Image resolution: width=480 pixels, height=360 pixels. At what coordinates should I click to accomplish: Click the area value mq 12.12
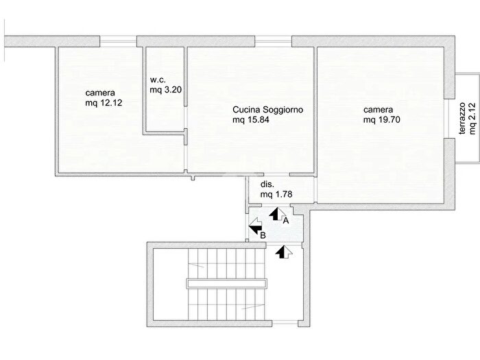pos(104,103)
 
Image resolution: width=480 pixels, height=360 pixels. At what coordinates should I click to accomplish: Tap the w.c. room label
pos(158,80)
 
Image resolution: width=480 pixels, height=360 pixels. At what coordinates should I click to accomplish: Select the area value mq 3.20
pos(166,90)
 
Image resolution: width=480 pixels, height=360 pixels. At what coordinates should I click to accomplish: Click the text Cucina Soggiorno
pos(268,110)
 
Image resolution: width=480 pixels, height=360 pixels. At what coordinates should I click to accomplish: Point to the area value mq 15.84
pos(251,120)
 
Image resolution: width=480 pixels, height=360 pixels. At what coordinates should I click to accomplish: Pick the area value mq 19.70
pos(382,120)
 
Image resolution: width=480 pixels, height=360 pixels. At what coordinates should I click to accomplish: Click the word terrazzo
pos(462,119)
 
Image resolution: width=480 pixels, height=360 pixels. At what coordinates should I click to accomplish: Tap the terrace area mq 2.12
pos(472,119)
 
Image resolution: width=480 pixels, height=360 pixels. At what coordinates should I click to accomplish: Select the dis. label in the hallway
pos(267,184)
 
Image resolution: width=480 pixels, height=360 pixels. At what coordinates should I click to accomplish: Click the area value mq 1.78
pos(276,194)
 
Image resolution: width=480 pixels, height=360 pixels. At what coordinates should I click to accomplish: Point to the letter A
pos(286,220)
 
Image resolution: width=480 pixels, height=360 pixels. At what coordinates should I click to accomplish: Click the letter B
pos(263,235)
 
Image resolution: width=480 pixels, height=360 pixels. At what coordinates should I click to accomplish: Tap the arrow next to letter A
pos(277,214)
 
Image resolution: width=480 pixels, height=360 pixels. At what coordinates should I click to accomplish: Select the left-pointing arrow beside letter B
pos(255,226)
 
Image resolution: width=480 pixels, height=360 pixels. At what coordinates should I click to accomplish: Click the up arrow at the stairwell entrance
pos(284,252)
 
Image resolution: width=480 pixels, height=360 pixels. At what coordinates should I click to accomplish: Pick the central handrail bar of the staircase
pos(226,283)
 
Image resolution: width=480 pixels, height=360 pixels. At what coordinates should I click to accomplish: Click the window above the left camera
pos(118,41)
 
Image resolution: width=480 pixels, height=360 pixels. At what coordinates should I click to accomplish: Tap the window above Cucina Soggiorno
pos(273,41)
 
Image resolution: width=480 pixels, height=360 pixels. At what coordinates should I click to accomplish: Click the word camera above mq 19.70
pos(379,110)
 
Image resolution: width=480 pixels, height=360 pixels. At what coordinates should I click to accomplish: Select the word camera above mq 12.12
pos(100,93)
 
